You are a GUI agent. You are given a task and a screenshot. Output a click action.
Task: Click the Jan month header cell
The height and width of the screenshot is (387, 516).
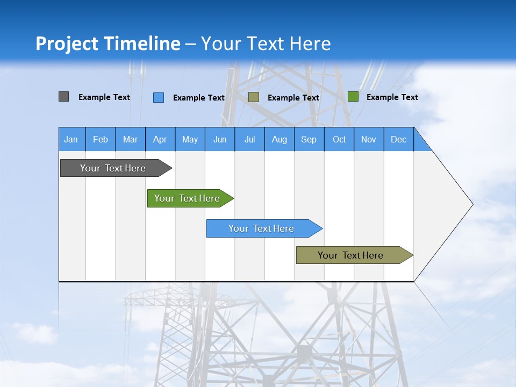click(x=71, y=139)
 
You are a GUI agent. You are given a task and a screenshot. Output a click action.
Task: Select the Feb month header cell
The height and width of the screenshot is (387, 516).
click(x=101, y=139)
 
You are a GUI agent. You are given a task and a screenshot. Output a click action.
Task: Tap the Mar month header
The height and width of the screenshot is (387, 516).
click(x=130, y=139)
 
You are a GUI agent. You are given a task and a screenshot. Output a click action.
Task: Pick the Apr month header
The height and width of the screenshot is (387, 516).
click(x=160, y=139)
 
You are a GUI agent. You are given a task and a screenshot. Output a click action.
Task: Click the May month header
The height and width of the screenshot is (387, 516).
click(x=190, y=139)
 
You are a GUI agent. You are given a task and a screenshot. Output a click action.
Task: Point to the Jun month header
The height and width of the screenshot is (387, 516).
click(x=220, y=139)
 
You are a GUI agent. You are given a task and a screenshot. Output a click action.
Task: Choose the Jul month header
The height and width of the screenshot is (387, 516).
click(x=249, y=139)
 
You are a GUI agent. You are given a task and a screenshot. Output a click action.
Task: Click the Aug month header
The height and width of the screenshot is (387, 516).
click(x=279, y=139)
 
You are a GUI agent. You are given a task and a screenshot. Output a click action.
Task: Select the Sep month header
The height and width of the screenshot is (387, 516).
click(x=309, y=139)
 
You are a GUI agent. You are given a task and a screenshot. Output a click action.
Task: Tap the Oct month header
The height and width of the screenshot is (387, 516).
click(x=339, y=139)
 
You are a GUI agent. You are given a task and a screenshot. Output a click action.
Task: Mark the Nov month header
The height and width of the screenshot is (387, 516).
click(x=369, y=139)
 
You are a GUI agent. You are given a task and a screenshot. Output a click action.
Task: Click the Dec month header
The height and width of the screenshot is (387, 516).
click(x=399, y=139)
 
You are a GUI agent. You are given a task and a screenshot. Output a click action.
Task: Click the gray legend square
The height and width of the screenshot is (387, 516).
click(x=64, y=97)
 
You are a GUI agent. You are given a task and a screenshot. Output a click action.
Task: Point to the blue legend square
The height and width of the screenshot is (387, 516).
click(x=159, y=97)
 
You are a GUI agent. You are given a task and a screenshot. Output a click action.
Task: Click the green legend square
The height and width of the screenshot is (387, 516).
click(x=353, y=97)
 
